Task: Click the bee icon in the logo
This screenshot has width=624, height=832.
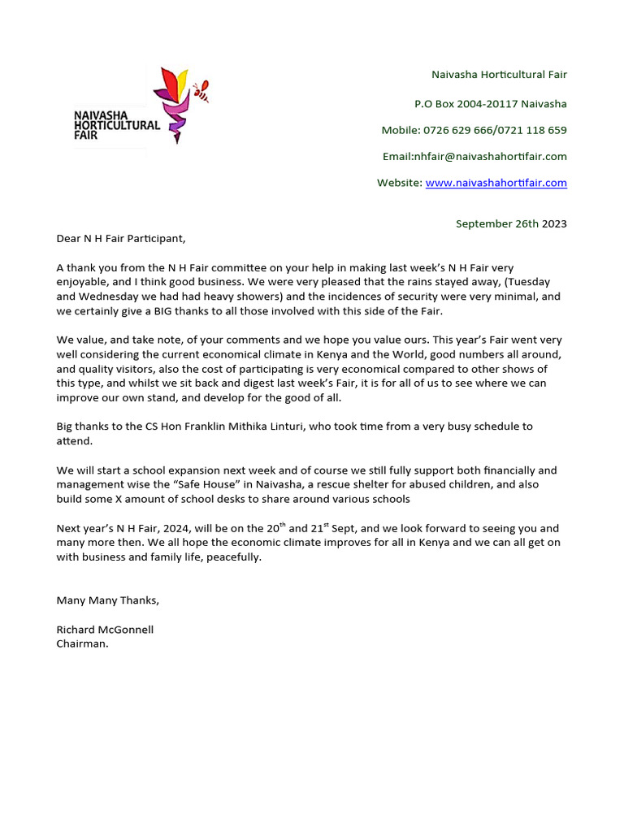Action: [x=201, y=90]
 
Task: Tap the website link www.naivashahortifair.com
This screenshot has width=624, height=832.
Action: [x=496, y=183]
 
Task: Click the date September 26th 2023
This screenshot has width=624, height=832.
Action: [x=511, y=223]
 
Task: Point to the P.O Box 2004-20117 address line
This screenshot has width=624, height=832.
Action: [x=490, y=103]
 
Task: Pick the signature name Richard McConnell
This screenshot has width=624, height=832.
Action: [x=105, y=629]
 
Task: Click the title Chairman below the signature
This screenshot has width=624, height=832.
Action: [x=82, y=643]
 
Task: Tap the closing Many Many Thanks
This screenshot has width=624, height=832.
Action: [x=108, y=600]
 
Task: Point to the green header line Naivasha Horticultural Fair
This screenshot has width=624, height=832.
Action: [x=499, y=75]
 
